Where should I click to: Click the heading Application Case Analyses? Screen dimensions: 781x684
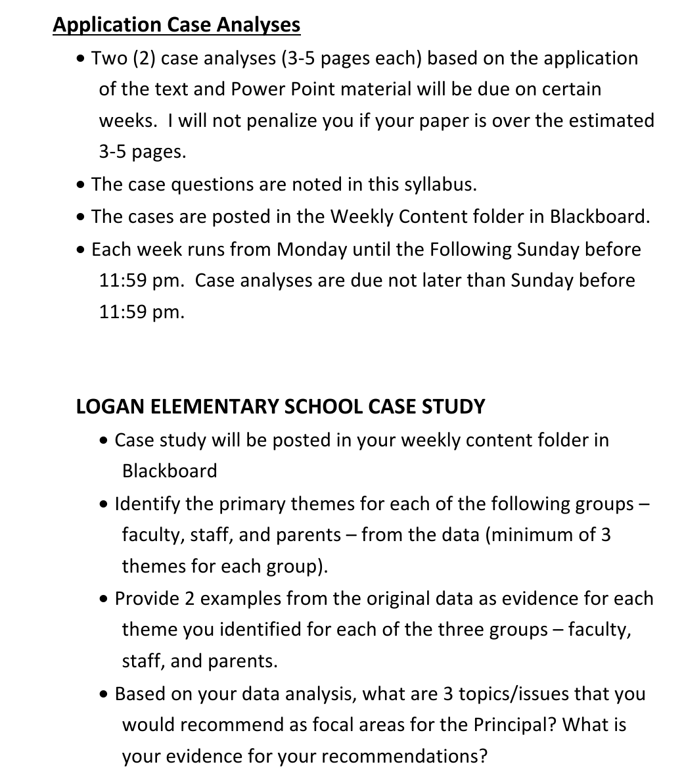click(x=176, y=25)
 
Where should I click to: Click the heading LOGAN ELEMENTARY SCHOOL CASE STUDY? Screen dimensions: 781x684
click(x=281, y=406)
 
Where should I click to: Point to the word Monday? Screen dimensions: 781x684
click(x=312, y=250)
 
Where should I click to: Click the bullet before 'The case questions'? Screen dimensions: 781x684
click(x=81, y=185)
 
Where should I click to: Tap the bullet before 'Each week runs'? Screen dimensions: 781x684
click(x=81, y=250)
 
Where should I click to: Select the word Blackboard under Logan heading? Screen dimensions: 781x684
click(x=169, y=471)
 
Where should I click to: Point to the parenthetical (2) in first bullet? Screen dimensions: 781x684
click(x=145, y=59)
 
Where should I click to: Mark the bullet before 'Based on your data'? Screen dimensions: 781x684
click(x=105, y=694)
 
